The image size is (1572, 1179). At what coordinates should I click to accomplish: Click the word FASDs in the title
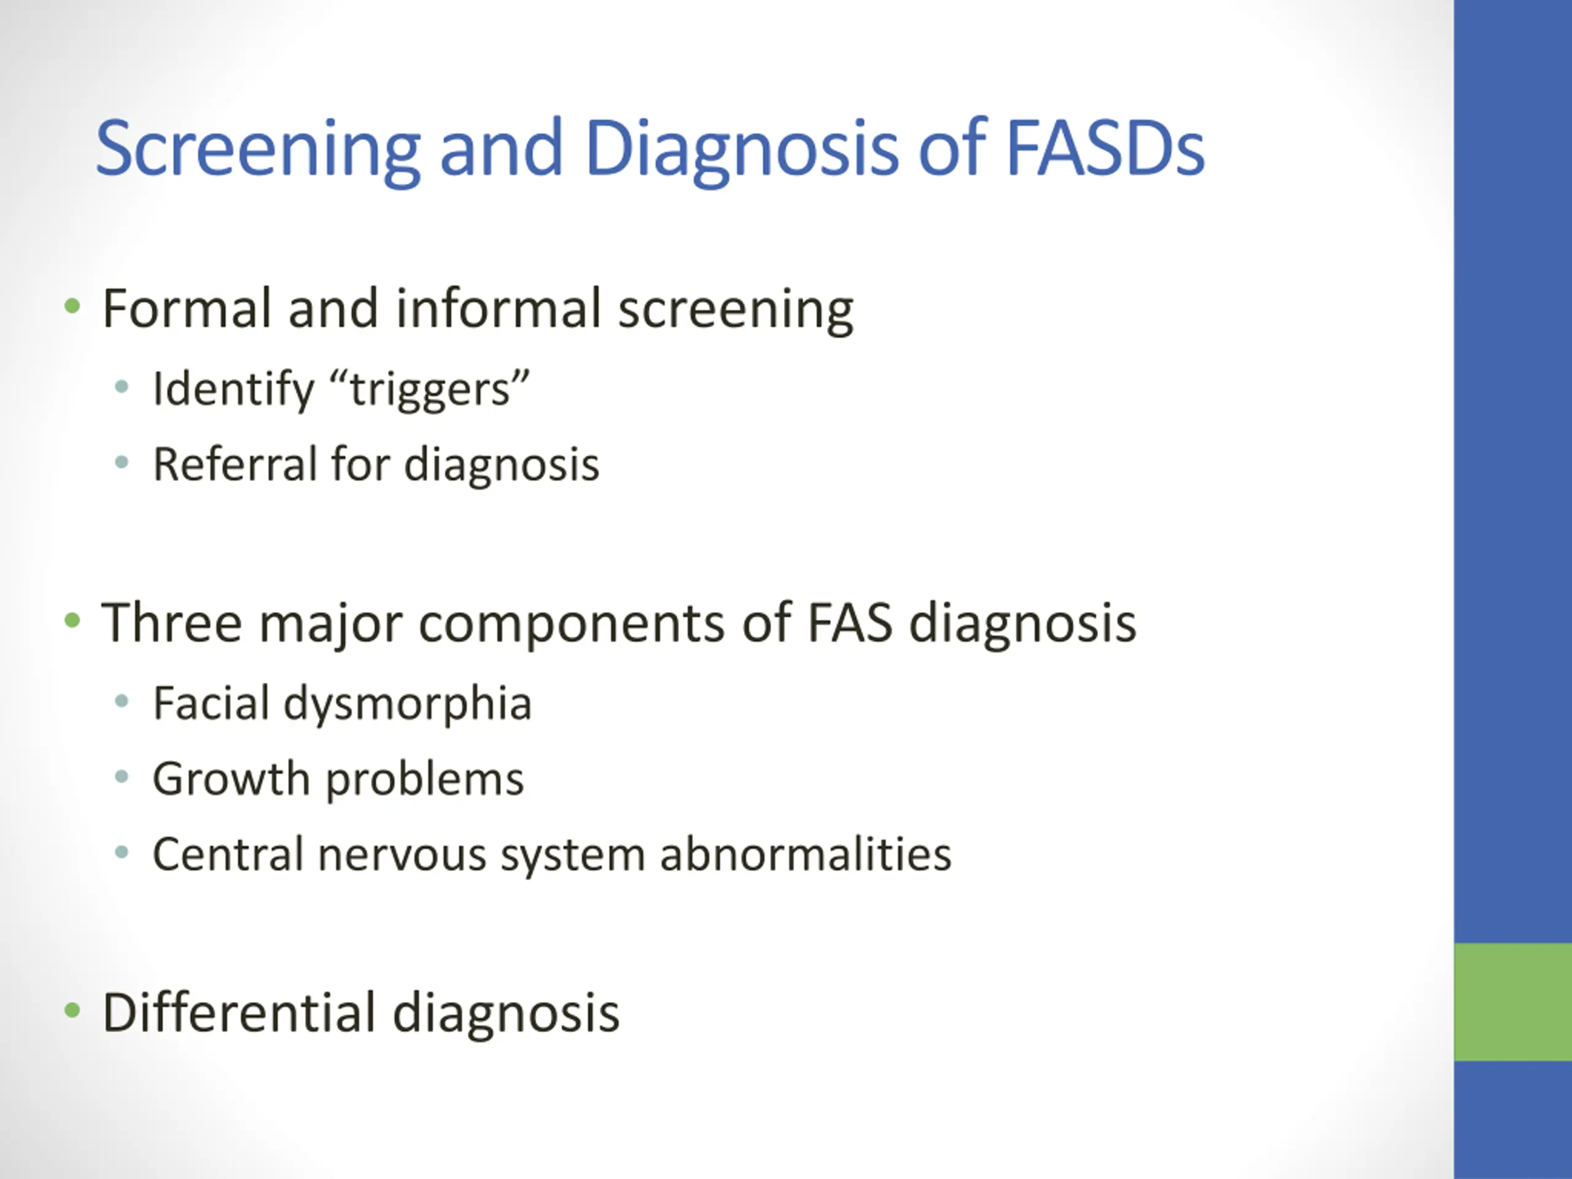pyautogui.click(x=1105, y=148)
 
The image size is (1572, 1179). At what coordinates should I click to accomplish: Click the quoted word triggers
pyautogui.click(x=430, y=389)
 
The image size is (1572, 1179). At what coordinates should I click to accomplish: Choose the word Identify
pyautogui.click(x=233, y=389)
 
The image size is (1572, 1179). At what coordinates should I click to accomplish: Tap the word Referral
pyautogui.click(x=235, y=464)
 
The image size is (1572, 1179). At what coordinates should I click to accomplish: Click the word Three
pyautogui.click(x=171, y=623)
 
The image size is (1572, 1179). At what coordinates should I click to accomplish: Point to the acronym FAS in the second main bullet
pyautogui.click(x=849, y=623)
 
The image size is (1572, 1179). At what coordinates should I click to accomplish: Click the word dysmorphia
pyautogui.click(x=407, y=704)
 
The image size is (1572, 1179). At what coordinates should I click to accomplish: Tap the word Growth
pyautogui.click(x=231, y=779)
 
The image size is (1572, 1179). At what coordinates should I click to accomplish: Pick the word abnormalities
pyautogui.click(x=805, y=854)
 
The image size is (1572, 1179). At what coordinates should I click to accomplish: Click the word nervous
pyautogui.click(x=402, y=855)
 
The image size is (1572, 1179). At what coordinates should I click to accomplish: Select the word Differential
pyautogui.click(x=239, y=1012)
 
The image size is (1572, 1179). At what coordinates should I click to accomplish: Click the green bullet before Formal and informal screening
pyautogui.click(x=72, y=307)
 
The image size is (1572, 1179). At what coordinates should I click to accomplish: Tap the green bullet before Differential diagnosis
pyautogui.click(x=72, y=1010)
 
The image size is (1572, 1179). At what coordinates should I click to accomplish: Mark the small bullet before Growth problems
pyautogui.click(x=122, y=777)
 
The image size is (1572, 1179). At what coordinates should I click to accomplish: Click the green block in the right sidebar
pyautogui.click(x=1512, y=1002)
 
